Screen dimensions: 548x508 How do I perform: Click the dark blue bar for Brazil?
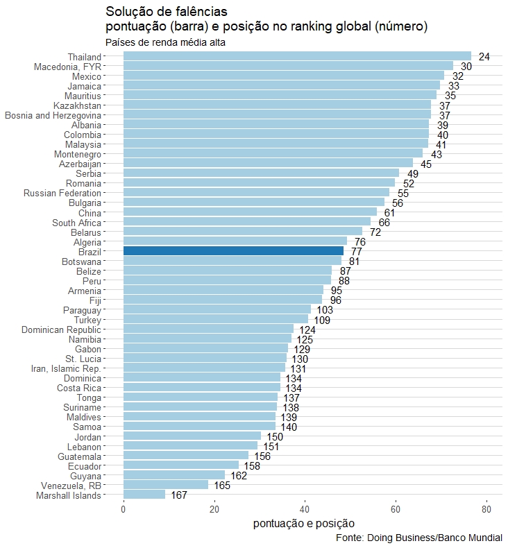(x=233, y=251)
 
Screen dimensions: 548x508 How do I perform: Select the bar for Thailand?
(x=297, y=56)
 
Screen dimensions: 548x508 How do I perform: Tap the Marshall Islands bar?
(x=144, y=495)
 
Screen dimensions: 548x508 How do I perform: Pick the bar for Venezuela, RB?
(x=166, y=485)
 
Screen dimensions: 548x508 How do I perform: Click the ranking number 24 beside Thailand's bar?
(x=484, y=57)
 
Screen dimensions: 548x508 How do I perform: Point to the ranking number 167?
(x=179, y=495)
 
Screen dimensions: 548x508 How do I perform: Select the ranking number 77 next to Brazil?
(x=357, y=252)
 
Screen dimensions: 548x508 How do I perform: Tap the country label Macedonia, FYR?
(x=68, y=67)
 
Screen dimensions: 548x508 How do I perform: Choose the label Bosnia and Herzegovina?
(x=53, y=115)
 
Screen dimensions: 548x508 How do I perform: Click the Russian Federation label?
(x=62, y=193)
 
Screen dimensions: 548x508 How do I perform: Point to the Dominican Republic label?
(x=61, y=329)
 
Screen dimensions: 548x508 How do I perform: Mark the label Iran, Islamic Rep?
(x=66, y=368)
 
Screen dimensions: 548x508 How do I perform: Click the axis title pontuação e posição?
(x=305, y=523)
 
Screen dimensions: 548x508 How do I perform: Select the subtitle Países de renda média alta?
(x=165, y=42)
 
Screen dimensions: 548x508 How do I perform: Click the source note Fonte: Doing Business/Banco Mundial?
(x=418, y=538)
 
